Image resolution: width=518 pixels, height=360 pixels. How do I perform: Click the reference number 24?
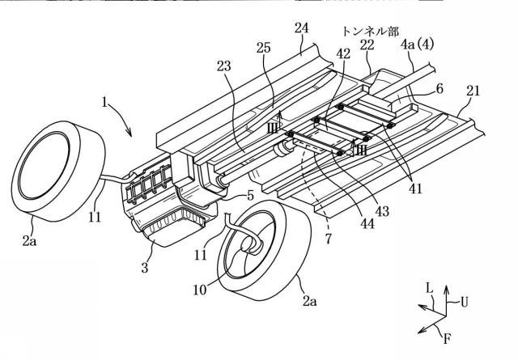[301, 28]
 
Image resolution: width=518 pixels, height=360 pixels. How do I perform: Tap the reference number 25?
[263, 48]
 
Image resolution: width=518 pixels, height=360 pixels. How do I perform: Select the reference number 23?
[223, 66]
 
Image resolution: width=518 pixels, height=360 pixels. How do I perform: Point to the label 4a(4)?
[417, 44]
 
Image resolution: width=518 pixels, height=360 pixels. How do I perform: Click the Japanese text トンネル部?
[371, 32]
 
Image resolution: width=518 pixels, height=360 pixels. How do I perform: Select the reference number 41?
[415, 188]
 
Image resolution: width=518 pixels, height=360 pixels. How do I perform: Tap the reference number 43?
[382, 210]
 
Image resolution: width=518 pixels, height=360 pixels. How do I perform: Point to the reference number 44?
[367, 223]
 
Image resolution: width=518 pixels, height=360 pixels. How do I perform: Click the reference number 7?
[328, 239]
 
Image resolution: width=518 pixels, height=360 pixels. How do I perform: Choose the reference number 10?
[200, 290]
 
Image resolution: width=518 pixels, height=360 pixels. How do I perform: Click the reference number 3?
[145, 268]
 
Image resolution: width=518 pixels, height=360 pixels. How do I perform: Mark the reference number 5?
[250, 196]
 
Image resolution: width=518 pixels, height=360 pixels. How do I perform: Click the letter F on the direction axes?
[447, 338]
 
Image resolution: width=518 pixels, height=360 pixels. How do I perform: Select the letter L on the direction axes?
[429, 288]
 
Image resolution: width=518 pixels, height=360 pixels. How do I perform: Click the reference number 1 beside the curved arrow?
[104, 102]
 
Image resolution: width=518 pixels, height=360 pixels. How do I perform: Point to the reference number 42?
[343, 53]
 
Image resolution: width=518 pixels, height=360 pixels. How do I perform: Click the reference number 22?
[367, 44]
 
